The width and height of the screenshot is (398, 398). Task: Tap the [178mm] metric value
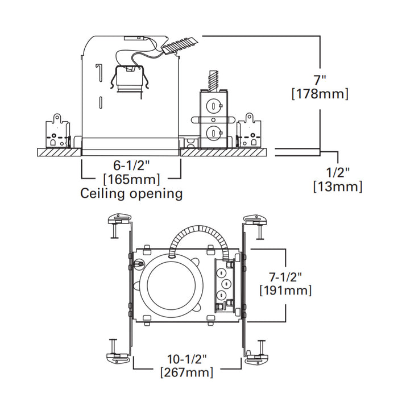tap(320, 94)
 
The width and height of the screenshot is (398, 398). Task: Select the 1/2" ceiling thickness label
tap(338, 171)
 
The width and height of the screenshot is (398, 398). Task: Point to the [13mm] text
tap(338, 186)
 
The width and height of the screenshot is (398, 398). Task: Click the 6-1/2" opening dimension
tap(131, 166)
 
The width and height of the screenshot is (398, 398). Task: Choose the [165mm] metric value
tap(131, 180)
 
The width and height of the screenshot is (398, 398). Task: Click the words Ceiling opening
tap(131, 194)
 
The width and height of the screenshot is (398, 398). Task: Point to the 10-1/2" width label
tap(188, 359)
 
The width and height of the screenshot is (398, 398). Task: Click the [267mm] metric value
tap(188, 373)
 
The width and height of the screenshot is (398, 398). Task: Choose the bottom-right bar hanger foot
tap(256, 356)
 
